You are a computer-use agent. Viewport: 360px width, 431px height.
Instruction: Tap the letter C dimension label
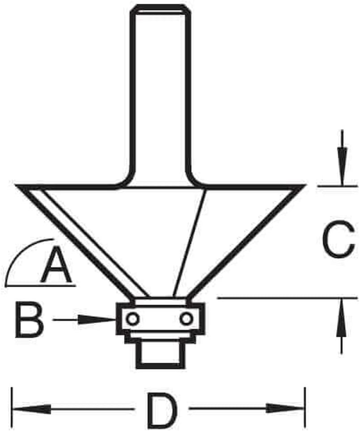pos(338,241)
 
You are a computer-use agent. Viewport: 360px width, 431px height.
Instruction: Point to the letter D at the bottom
pos(162,409)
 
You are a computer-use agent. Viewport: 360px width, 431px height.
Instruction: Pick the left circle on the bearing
pos(133,319)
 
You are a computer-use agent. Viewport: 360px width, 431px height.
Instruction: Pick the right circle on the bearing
pos(187,319)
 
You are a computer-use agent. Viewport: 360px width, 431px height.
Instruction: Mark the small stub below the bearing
pos(160,356)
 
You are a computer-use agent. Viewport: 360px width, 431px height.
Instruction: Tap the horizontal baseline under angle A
pos(40,285)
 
